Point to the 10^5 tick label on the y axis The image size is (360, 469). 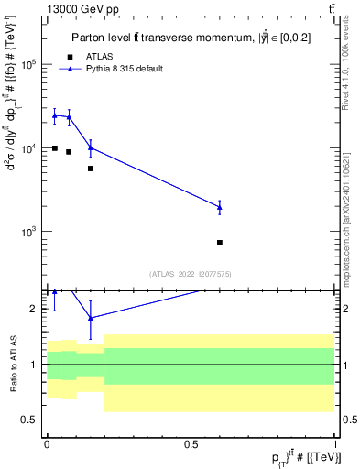tap(28, 65)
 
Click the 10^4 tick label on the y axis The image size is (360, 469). tap(28, 148)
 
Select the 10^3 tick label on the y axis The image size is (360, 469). tap(28, 232)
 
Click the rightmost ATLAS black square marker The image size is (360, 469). tap(220, 243)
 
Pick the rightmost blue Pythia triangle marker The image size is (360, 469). tap(220, 207)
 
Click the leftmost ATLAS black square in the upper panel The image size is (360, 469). tap(55, 148)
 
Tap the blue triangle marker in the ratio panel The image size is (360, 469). tap(91, 318)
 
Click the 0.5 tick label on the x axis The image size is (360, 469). tap(191, 443)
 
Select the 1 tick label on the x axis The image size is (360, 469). tap(335, 443)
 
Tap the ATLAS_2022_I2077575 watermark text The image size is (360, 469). tap(191, 274)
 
